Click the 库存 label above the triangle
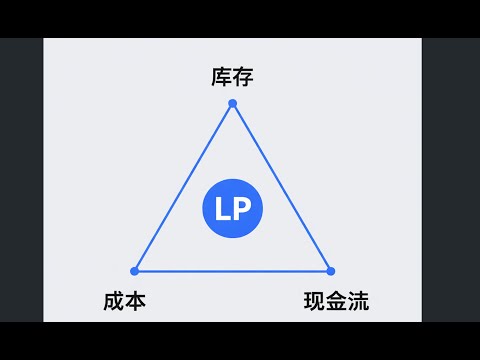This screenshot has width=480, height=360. [x=232, y=77]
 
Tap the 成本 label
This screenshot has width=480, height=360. [x=125, y=300]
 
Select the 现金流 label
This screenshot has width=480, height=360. [x=336, y=300]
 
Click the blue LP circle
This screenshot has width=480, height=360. [x=232, y=210]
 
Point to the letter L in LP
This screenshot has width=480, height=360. [x=222, y=210]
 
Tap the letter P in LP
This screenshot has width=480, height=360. [x=243, y=210]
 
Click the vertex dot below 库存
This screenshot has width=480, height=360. [x=232, y=103]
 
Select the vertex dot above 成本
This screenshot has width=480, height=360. [x=135, y=270]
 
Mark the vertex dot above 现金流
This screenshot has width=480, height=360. [x=330, y=270]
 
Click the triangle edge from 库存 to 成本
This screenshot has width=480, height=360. [x=183, y=187]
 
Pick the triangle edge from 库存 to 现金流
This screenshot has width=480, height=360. [x=281, y=187]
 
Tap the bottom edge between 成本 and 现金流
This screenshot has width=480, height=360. [x=232, y=270]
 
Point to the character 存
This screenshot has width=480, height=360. [x=243, y=77]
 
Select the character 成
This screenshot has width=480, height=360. [x=114, y=300]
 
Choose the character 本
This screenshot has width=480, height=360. [x=136, y=300]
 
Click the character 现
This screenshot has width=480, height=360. [x=314, y=300]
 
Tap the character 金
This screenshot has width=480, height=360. [x=336, y=300]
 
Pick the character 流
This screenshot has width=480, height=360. [x=358, y=300]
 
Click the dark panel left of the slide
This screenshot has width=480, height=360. [x=21, y=180]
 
